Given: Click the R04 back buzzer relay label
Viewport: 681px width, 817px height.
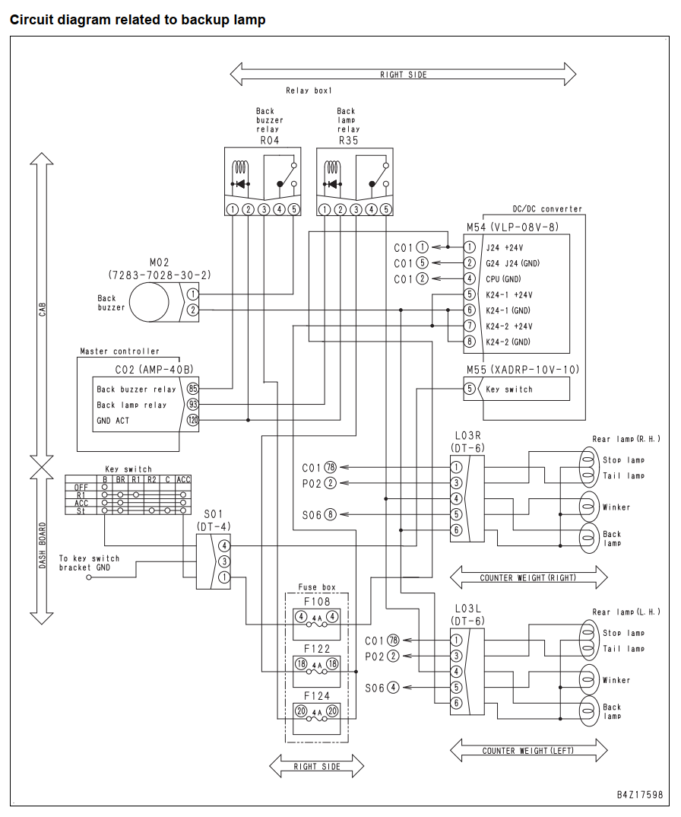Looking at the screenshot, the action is pos(269,140).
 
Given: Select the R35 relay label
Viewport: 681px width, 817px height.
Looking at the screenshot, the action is pos(348,140).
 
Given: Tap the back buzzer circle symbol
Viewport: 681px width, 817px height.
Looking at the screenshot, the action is pos(149,303).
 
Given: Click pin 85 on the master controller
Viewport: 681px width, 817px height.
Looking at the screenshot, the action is pos(192,389).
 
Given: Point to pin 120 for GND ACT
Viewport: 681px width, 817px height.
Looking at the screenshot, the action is pos(192,420).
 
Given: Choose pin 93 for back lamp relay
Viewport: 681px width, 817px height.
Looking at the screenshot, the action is pos(192,405).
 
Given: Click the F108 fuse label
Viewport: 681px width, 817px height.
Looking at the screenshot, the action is pos(317,601).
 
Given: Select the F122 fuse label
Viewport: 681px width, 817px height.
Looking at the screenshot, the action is pos(317,649).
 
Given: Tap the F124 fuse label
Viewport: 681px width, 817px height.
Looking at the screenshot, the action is pos(317,695).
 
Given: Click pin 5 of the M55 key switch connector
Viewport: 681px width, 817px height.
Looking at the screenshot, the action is pos(470,389).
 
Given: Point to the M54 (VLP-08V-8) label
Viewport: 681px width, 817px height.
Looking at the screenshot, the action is pos(512,227).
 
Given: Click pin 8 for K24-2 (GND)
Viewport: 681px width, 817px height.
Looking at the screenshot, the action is pos(470,342).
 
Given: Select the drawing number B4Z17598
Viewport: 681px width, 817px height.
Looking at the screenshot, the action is pos(640,795).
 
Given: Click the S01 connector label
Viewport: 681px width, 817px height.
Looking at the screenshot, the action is pos(214,515).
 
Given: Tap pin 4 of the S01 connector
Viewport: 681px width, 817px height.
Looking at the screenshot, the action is pos(224,545).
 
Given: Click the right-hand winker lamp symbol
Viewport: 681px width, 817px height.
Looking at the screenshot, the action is pos(588,506).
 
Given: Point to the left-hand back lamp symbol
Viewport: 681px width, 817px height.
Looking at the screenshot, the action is pos(588,711).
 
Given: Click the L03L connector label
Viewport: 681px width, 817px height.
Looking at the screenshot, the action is pos(467,609).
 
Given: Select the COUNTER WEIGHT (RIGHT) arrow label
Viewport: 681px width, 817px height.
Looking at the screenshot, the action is pos(528,578).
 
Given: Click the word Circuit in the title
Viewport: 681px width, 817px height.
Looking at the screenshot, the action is pos(32,20).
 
